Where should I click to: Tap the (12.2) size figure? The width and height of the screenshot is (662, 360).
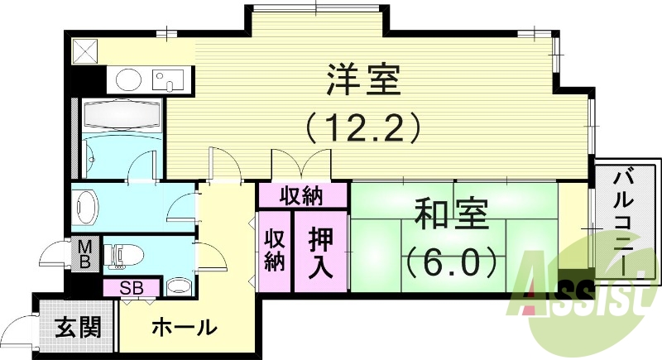[363, 128]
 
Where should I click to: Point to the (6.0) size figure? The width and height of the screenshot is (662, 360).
[452, 262]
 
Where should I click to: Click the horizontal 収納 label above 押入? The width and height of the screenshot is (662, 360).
[301, 197]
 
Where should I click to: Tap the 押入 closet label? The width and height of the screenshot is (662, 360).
[314, 253]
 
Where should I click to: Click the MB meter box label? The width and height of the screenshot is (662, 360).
[85, 255]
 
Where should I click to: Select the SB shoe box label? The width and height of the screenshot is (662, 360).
[131, 288]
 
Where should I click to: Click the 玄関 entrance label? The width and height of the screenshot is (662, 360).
[79, 327]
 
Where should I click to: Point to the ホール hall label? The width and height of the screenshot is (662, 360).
[184, 328]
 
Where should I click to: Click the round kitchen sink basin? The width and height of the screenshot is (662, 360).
[128, 80]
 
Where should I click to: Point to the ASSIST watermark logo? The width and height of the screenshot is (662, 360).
[583, 298]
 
